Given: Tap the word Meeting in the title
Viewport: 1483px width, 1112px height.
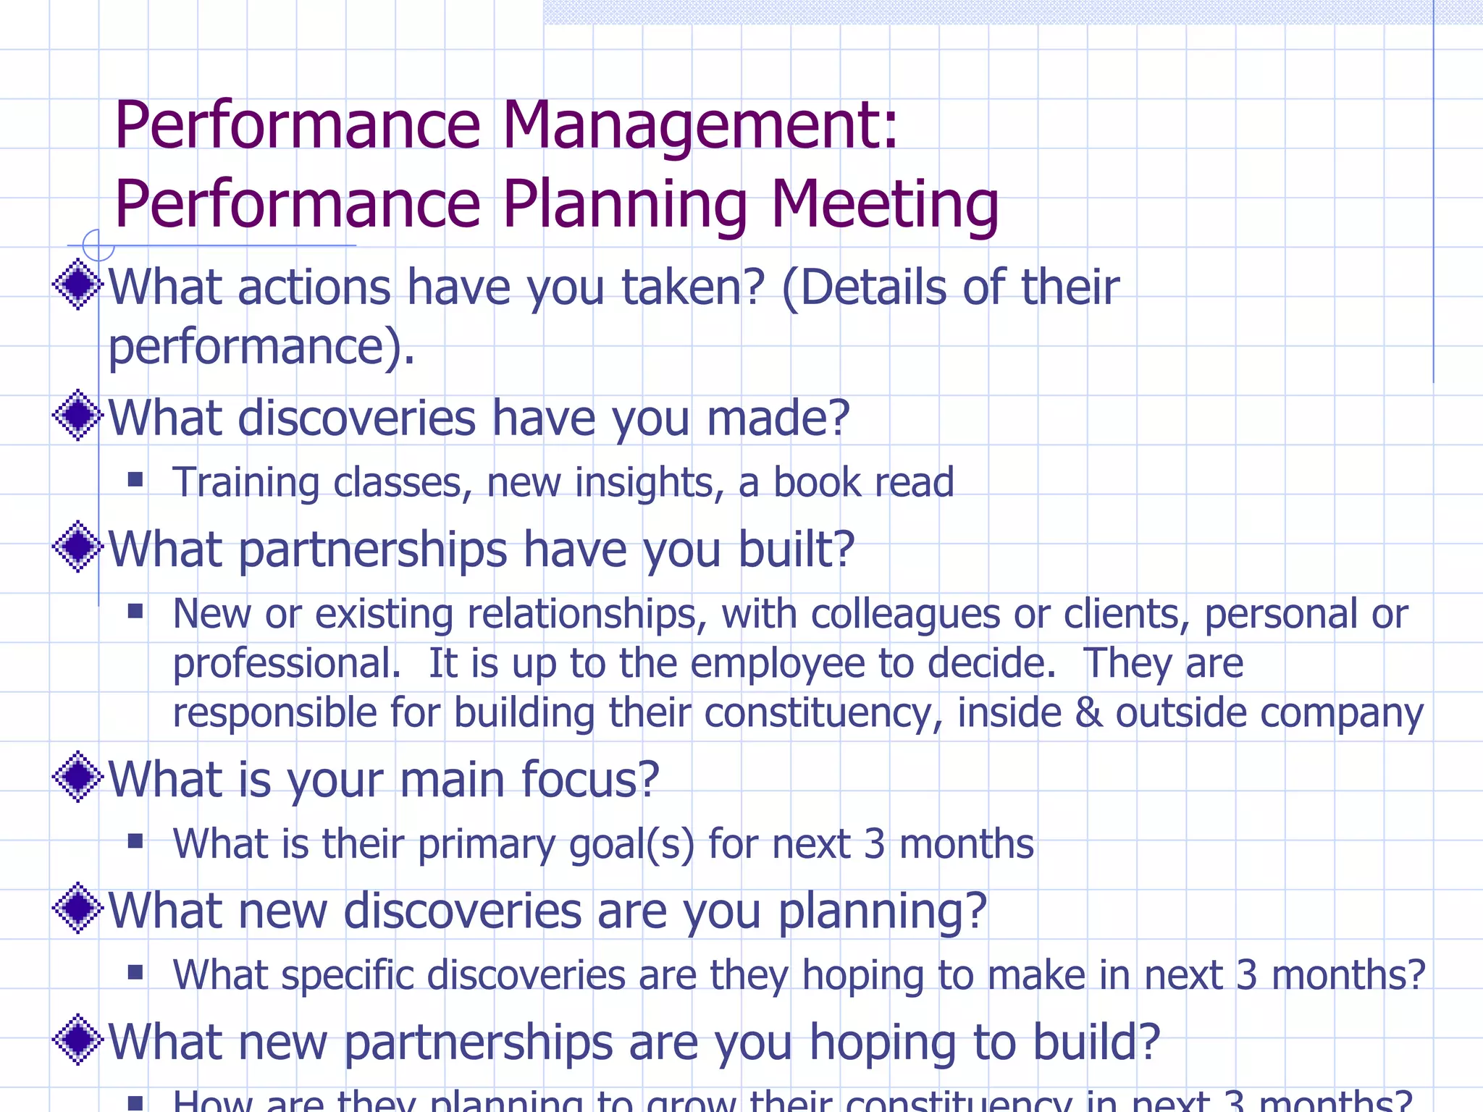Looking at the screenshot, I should [x=884, y=205].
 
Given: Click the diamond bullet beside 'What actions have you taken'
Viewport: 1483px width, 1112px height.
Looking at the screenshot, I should [x=77, y=285].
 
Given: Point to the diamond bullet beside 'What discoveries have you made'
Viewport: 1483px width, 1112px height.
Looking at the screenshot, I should [x=77, y=416].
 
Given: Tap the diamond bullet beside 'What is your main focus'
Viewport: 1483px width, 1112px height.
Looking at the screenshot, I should [x=77, y=777].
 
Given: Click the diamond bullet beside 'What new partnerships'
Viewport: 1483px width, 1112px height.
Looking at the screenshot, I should [x=77, y=1040].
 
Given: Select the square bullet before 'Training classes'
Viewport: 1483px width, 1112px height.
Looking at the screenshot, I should [x=135, y=479].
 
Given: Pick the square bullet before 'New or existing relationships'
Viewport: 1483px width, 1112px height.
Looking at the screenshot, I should [x=135, y=612].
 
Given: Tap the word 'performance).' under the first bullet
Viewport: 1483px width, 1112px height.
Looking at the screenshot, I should [x=261, y=347].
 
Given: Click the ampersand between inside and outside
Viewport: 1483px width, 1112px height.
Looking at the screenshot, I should [x=1088, y=713].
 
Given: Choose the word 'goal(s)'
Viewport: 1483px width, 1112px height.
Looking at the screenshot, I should [x=631, y=845].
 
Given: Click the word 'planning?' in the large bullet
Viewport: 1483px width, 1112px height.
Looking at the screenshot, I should [x=882, y=911].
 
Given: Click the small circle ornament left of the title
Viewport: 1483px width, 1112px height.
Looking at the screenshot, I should [x=98, y=245].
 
